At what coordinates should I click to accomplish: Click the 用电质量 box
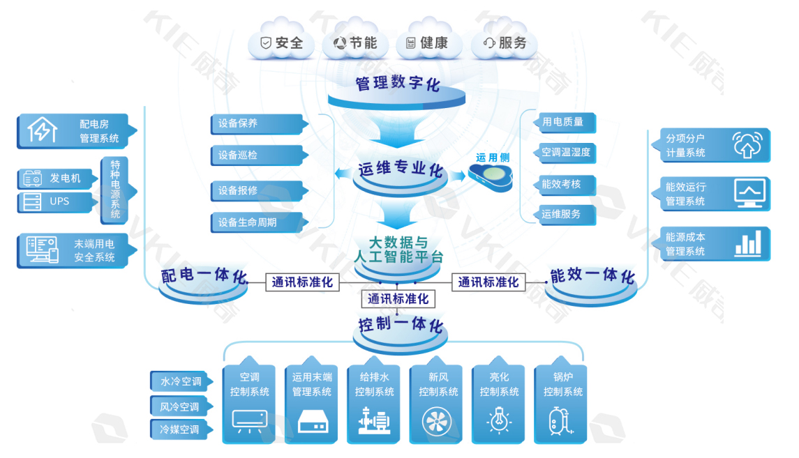(x=566, y=122)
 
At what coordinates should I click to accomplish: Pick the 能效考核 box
(x=566, y=185)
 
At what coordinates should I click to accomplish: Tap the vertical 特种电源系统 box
(x=115, y=190)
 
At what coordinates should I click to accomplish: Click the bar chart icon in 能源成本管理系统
(x=747, y=244)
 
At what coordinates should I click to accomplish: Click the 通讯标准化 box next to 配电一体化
(x=302, y=282)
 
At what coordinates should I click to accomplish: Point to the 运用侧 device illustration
(x=495, y=177)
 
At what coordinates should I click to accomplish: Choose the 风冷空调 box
(x=179, y=406)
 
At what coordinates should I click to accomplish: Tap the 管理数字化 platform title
(x=398, y=84)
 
